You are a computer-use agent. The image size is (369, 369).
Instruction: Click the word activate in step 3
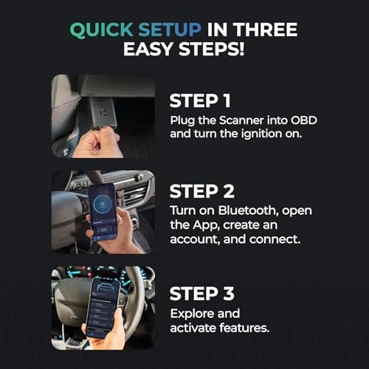193,328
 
